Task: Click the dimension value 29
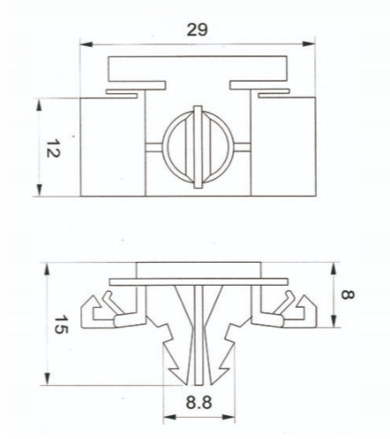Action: click(197, 30)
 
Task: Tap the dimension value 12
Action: click(53, 149)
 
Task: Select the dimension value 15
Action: click(61, 324)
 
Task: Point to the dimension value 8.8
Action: click(199, 402)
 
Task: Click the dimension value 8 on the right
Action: click(348, 294)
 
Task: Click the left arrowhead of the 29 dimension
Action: click(86, 44)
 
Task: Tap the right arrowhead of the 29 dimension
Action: click(309, 44)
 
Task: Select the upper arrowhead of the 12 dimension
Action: click(39, 105)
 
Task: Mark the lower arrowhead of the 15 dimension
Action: click(48, 378)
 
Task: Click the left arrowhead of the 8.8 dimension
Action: click(169, 417)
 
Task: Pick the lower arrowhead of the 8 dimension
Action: click(334, 321)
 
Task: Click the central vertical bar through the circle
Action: click(199, 147)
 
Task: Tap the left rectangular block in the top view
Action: click(113, 147)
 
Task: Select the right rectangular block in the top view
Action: click(283, 146)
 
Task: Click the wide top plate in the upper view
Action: click(198, 69)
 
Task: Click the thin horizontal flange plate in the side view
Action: click(199, 282)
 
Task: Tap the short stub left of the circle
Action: click(154, 147)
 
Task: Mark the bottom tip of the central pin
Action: click(199, 384)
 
